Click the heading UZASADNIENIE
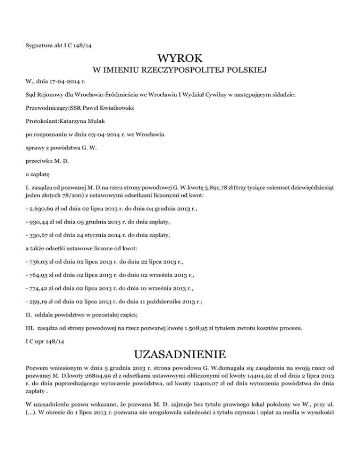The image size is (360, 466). pyautogui.click(x=180, y=353)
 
